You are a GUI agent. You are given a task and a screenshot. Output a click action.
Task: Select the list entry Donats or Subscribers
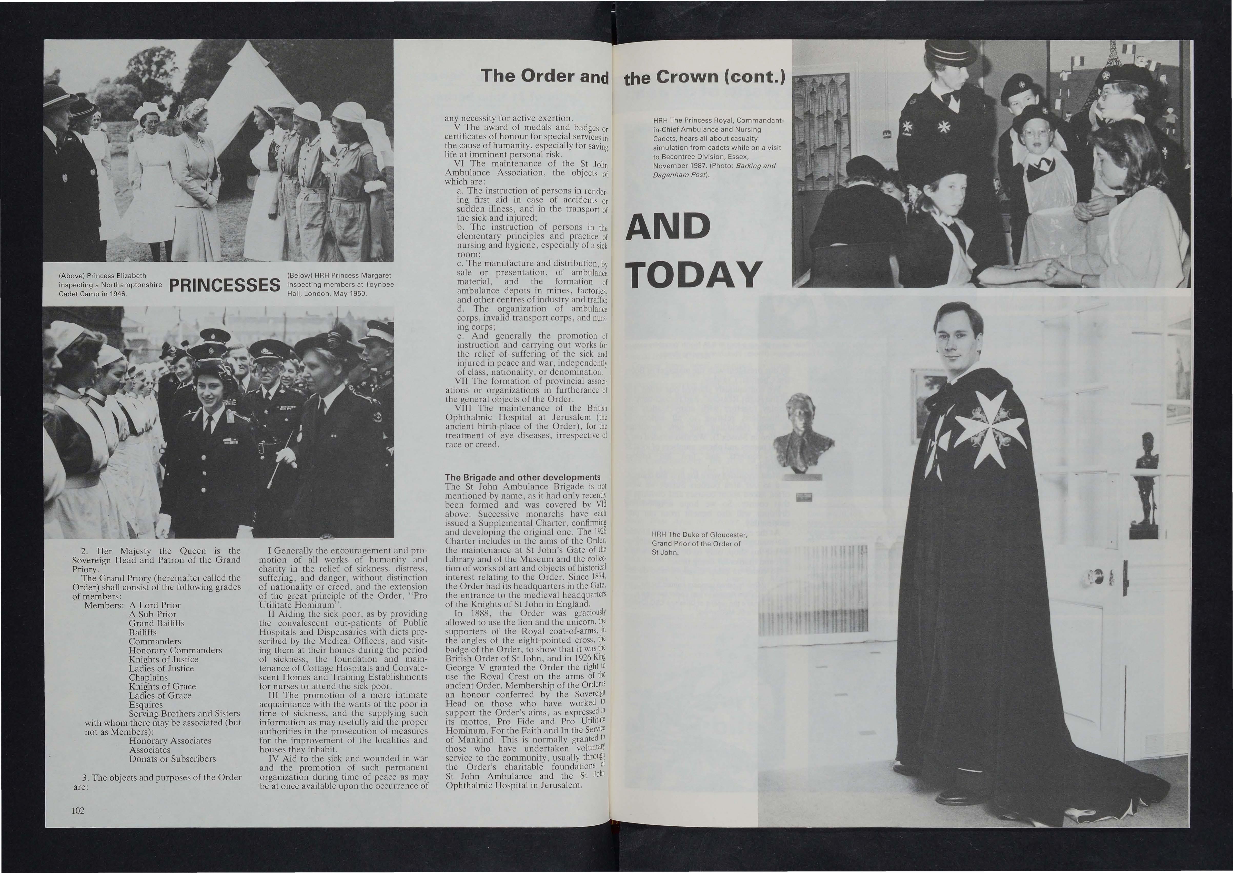coord(172,758)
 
